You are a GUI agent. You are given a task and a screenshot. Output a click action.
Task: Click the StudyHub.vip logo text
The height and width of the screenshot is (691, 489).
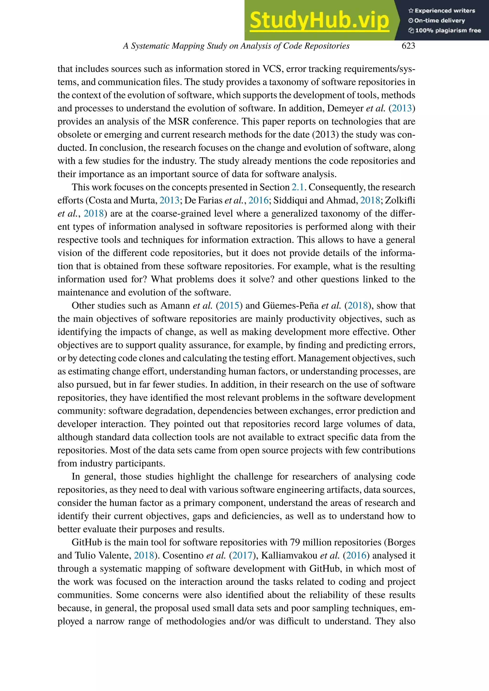click(319, 21)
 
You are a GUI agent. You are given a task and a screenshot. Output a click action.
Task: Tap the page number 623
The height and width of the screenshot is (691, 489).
click(408, 46)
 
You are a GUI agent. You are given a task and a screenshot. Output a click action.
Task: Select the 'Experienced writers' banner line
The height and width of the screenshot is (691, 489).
click(442, 11)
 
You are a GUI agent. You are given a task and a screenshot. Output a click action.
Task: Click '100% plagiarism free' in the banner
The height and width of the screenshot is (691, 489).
click(445, 30)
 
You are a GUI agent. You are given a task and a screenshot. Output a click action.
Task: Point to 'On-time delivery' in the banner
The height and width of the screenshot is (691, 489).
click(437, 21)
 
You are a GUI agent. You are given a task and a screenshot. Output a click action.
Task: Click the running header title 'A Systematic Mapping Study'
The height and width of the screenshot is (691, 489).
click(236, 46)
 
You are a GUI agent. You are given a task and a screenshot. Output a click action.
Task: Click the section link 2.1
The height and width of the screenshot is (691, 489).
click(298, 187)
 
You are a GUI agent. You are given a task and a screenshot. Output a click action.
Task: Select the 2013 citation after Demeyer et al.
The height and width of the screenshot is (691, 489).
click(402, 108)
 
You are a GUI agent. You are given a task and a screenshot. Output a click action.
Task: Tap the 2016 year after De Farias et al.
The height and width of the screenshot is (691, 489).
click(258, 200)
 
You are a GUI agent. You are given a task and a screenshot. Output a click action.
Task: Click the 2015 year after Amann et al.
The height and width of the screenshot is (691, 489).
click(229, 306)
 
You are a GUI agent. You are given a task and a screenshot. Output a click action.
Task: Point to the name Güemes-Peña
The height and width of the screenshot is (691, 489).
click(291, 306)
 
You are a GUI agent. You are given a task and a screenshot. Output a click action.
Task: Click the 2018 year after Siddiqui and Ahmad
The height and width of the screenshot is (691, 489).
click(370, 200)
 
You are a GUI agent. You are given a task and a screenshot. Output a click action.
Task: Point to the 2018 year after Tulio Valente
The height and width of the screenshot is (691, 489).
click(144, 555)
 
